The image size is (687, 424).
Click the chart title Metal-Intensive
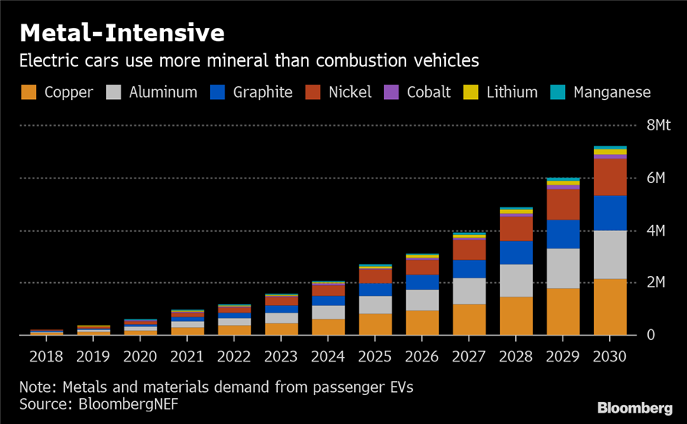pyautogui.click(x=122, y=34)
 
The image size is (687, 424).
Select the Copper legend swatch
pyautogui.click(x=29, y=92)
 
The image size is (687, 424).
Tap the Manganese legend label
pyautogui.click(x=612, y=92)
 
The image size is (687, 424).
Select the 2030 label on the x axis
pyautogui.click(x=610, y=356)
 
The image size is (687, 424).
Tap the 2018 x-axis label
pyautogui.click(x=47, y=356)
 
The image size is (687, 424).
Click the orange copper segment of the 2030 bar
pyautogui.click(x=610, y=307)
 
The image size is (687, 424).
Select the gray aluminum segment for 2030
pyautogui.click(x=610, y=254)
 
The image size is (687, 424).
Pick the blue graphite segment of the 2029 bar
pyautogui.click(x=563, y=234)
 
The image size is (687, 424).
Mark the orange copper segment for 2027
pyautogui.click(x=469, y=320)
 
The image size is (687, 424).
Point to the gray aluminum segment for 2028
pyautogui.click(x=516, y=280)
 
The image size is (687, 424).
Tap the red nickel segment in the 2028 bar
pyautogui.click(x=516, y=229)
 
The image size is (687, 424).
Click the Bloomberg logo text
pyautogui.click(x=636, y=406)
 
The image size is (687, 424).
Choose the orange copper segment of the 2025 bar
pyautogui.click(x=375, y=324)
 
